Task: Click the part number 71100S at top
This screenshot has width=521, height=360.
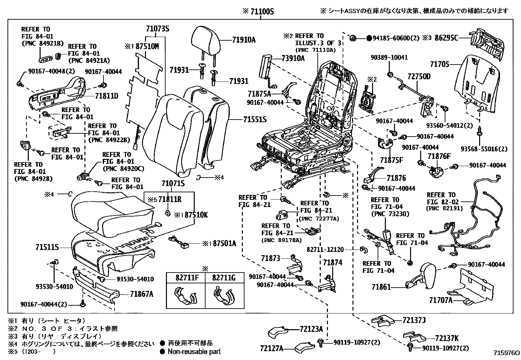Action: [x=261, y=12]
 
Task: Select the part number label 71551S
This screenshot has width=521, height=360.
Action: [x=255, y=120]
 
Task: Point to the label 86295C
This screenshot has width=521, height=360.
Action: [x=446, y=38]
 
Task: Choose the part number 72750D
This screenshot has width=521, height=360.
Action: [x=419, y=77]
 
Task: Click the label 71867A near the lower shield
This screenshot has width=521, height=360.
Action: [x=141, y=294]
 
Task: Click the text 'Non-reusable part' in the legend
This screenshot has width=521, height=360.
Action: [x=194, y=351]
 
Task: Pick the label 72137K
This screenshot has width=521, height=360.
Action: [x=447, y=338]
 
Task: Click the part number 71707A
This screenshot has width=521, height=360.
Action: [x=440, y=300]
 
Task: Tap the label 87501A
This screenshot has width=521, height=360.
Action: [x=224, y=243]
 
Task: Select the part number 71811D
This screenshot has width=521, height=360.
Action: [x=107, y=96]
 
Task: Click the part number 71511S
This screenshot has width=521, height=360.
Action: [x=47, y=247]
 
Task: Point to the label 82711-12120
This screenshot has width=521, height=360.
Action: [x=325, y=250]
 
